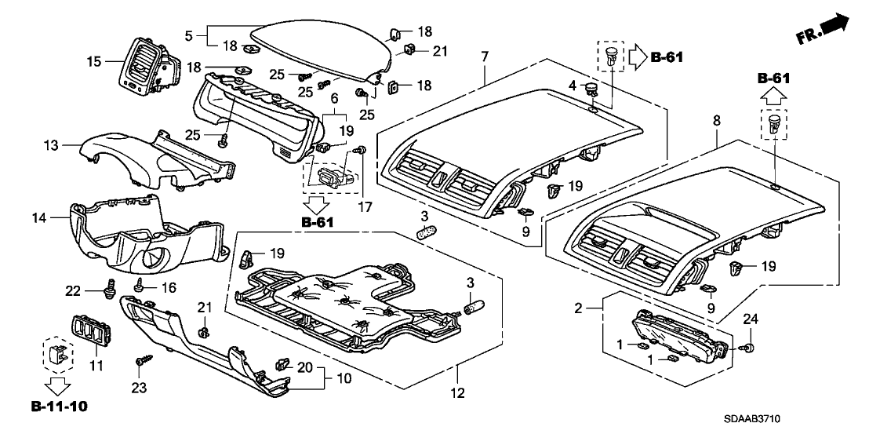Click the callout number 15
tap(94, 61)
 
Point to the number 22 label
tap(74, 290)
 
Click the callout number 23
tap(139, 388)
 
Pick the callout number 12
tap(458, 393)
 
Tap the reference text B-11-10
tap(60, 407)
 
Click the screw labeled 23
tap(140, 363)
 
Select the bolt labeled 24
tap(747, 348)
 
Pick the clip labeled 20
tap(282, 365)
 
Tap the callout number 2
tap(579, 308)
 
